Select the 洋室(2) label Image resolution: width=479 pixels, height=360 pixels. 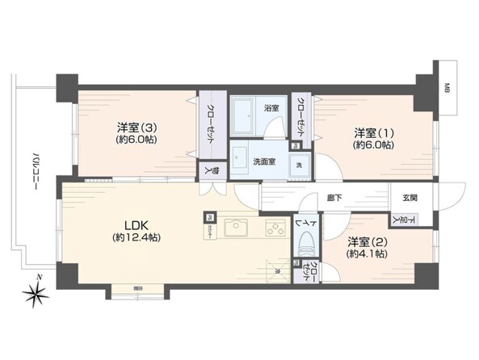click(x=365, y=241)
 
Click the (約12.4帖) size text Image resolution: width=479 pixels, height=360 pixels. click(x=136, y=238)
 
